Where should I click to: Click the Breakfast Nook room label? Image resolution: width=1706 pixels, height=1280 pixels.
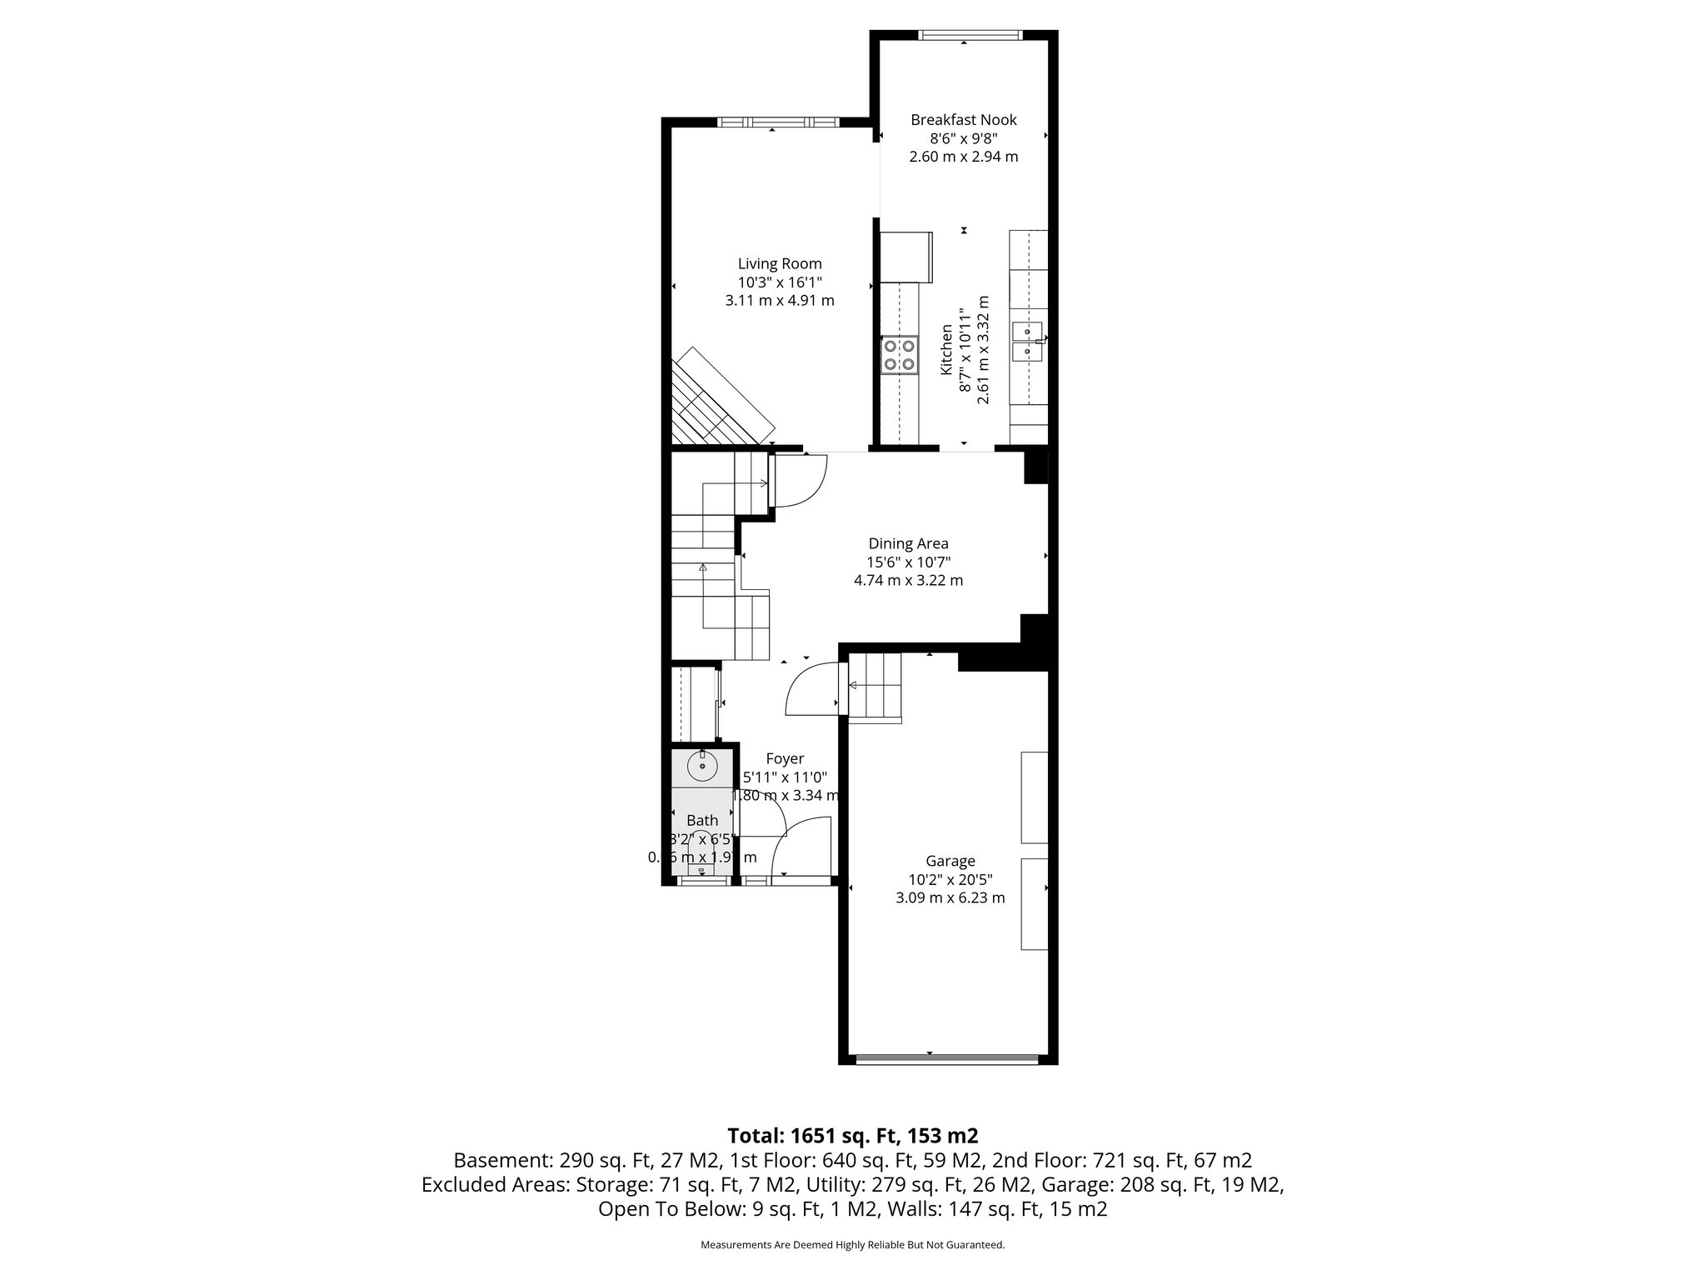[x=963, y=120]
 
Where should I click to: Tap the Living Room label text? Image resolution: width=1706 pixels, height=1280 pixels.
[x=780, y=264]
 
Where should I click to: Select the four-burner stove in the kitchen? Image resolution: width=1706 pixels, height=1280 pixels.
[x=900, y=355]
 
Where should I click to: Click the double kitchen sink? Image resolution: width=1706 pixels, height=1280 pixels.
[x=1028, y=342]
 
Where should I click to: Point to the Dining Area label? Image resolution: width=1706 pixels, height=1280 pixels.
[x=908, y=543]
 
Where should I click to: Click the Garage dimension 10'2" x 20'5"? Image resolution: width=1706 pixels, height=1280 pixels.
[x=950, y=879]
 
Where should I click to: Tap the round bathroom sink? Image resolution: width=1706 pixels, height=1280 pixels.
[x=703, y=765]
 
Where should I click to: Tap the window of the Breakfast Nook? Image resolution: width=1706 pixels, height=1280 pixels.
[x=970, y=35]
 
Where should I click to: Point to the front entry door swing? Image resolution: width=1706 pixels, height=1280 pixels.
[x=802, y=846]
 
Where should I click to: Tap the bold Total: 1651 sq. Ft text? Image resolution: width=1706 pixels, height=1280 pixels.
[x=852, y=1135]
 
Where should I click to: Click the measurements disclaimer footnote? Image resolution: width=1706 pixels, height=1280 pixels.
[x=852, y=1245]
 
